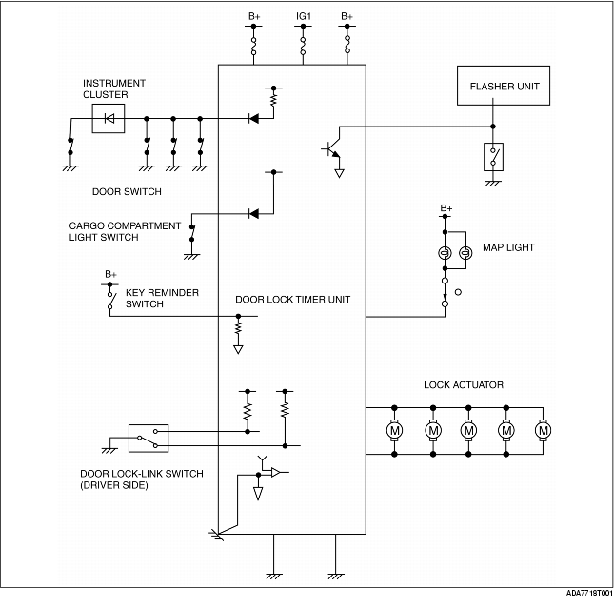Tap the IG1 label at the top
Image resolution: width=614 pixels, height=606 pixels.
point(304,16)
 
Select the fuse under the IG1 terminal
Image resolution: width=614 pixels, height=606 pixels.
point(303,46)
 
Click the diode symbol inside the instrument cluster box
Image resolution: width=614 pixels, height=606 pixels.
point(109,118)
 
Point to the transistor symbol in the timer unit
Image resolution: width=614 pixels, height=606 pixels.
point(331,147)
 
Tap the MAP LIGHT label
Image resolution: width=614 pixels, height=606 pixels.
point(508,247)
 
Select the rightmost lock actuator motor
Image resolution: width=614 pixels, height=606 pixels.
point(543,431)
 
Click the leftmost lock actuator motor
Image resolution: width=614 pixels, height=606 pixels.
point(394,431)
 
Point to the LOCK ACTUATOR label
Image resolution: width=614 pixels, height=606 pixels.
point(464,385)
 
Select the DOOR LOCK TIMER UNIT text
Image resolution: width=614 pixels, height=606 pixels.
point(292,300)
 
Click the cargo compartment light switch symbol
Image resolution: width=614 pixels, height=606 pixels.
point(192,233)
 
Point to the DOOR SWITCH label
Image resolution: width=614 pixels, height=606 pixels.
point(127,192)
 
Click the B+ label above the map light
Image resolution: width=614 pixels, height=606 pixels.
point(446,207)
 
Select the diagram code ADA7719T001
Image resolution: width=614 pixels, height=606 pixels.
point(589,593)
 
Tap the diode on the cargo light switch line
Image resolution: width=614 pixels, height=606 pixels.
point(254,214)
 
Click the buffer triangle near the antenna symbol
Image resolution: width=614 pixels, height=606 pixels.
point(276,473)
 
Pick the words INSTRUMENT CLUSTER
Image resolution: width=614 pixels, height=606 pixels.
point(114,88)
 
